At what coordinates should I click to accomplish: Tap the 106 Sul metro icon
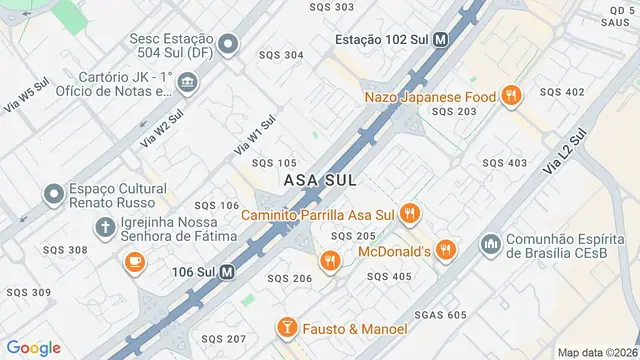point(227,271)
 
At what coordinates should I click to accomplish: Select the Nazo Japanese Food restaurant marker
point(511,96)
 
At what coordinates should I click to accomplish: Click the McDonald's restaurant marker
point(446,250)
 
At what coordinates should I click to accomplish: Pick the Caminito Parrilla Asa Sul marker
point(409,213)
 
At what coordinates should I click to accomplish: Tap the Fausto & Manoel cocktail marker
point(286,328)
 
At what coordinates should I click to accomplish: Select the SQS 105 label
point(274,163)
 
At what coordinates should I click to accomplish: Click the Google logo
point(35,347)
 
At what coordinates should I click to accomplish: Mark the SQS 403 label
point(504,163)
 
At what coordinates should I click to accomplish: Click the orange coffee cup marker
point(133,262)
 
